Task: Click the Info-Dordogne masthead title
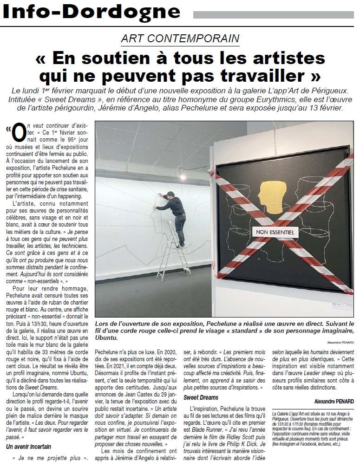tap(92, 13)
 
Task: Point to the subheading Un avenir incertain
tap(29, 447)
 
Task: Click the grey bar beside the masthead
tap(274, 15)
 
